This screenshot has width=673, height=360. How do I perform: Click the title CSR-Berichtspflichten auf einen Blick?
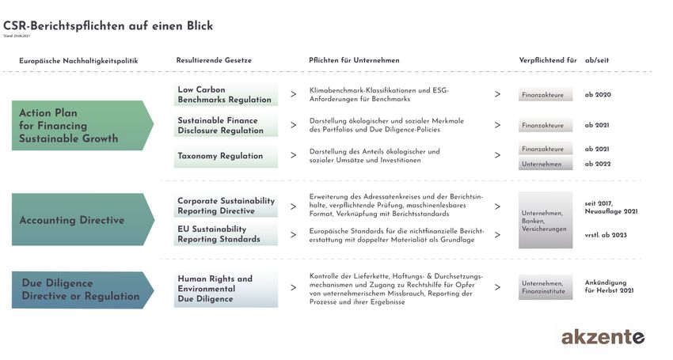108,26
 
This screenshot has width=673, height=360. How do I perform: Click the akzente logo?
603,337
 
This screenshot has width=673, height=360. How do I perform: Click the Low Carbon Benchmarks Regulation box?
226,95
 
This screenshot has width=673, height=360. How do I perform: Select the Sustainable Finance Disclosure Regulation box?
226,125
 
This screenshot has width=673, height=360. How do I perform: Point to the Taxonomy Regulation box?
226,156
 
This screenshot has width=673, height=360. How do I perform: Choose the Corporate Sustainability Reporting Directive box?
226,206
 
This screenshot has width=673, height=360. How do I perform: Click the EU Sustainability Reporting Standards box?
226,234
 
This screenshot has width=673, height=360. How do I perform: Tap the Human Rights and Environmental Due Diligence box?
226,289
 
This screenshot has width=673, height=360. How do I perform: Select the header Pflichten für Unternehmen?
354,61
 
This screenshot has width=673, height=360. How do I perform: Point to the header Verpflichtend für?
547,61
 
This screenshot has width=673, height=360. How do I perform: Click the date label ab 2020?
598,95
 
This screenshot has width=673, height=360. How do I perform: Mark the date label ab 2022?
598,164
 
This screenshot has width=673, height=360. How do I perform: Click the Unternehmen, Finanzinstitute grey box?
545,288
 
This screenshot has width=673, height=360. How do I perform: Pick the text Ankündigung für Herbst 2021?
610,286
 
